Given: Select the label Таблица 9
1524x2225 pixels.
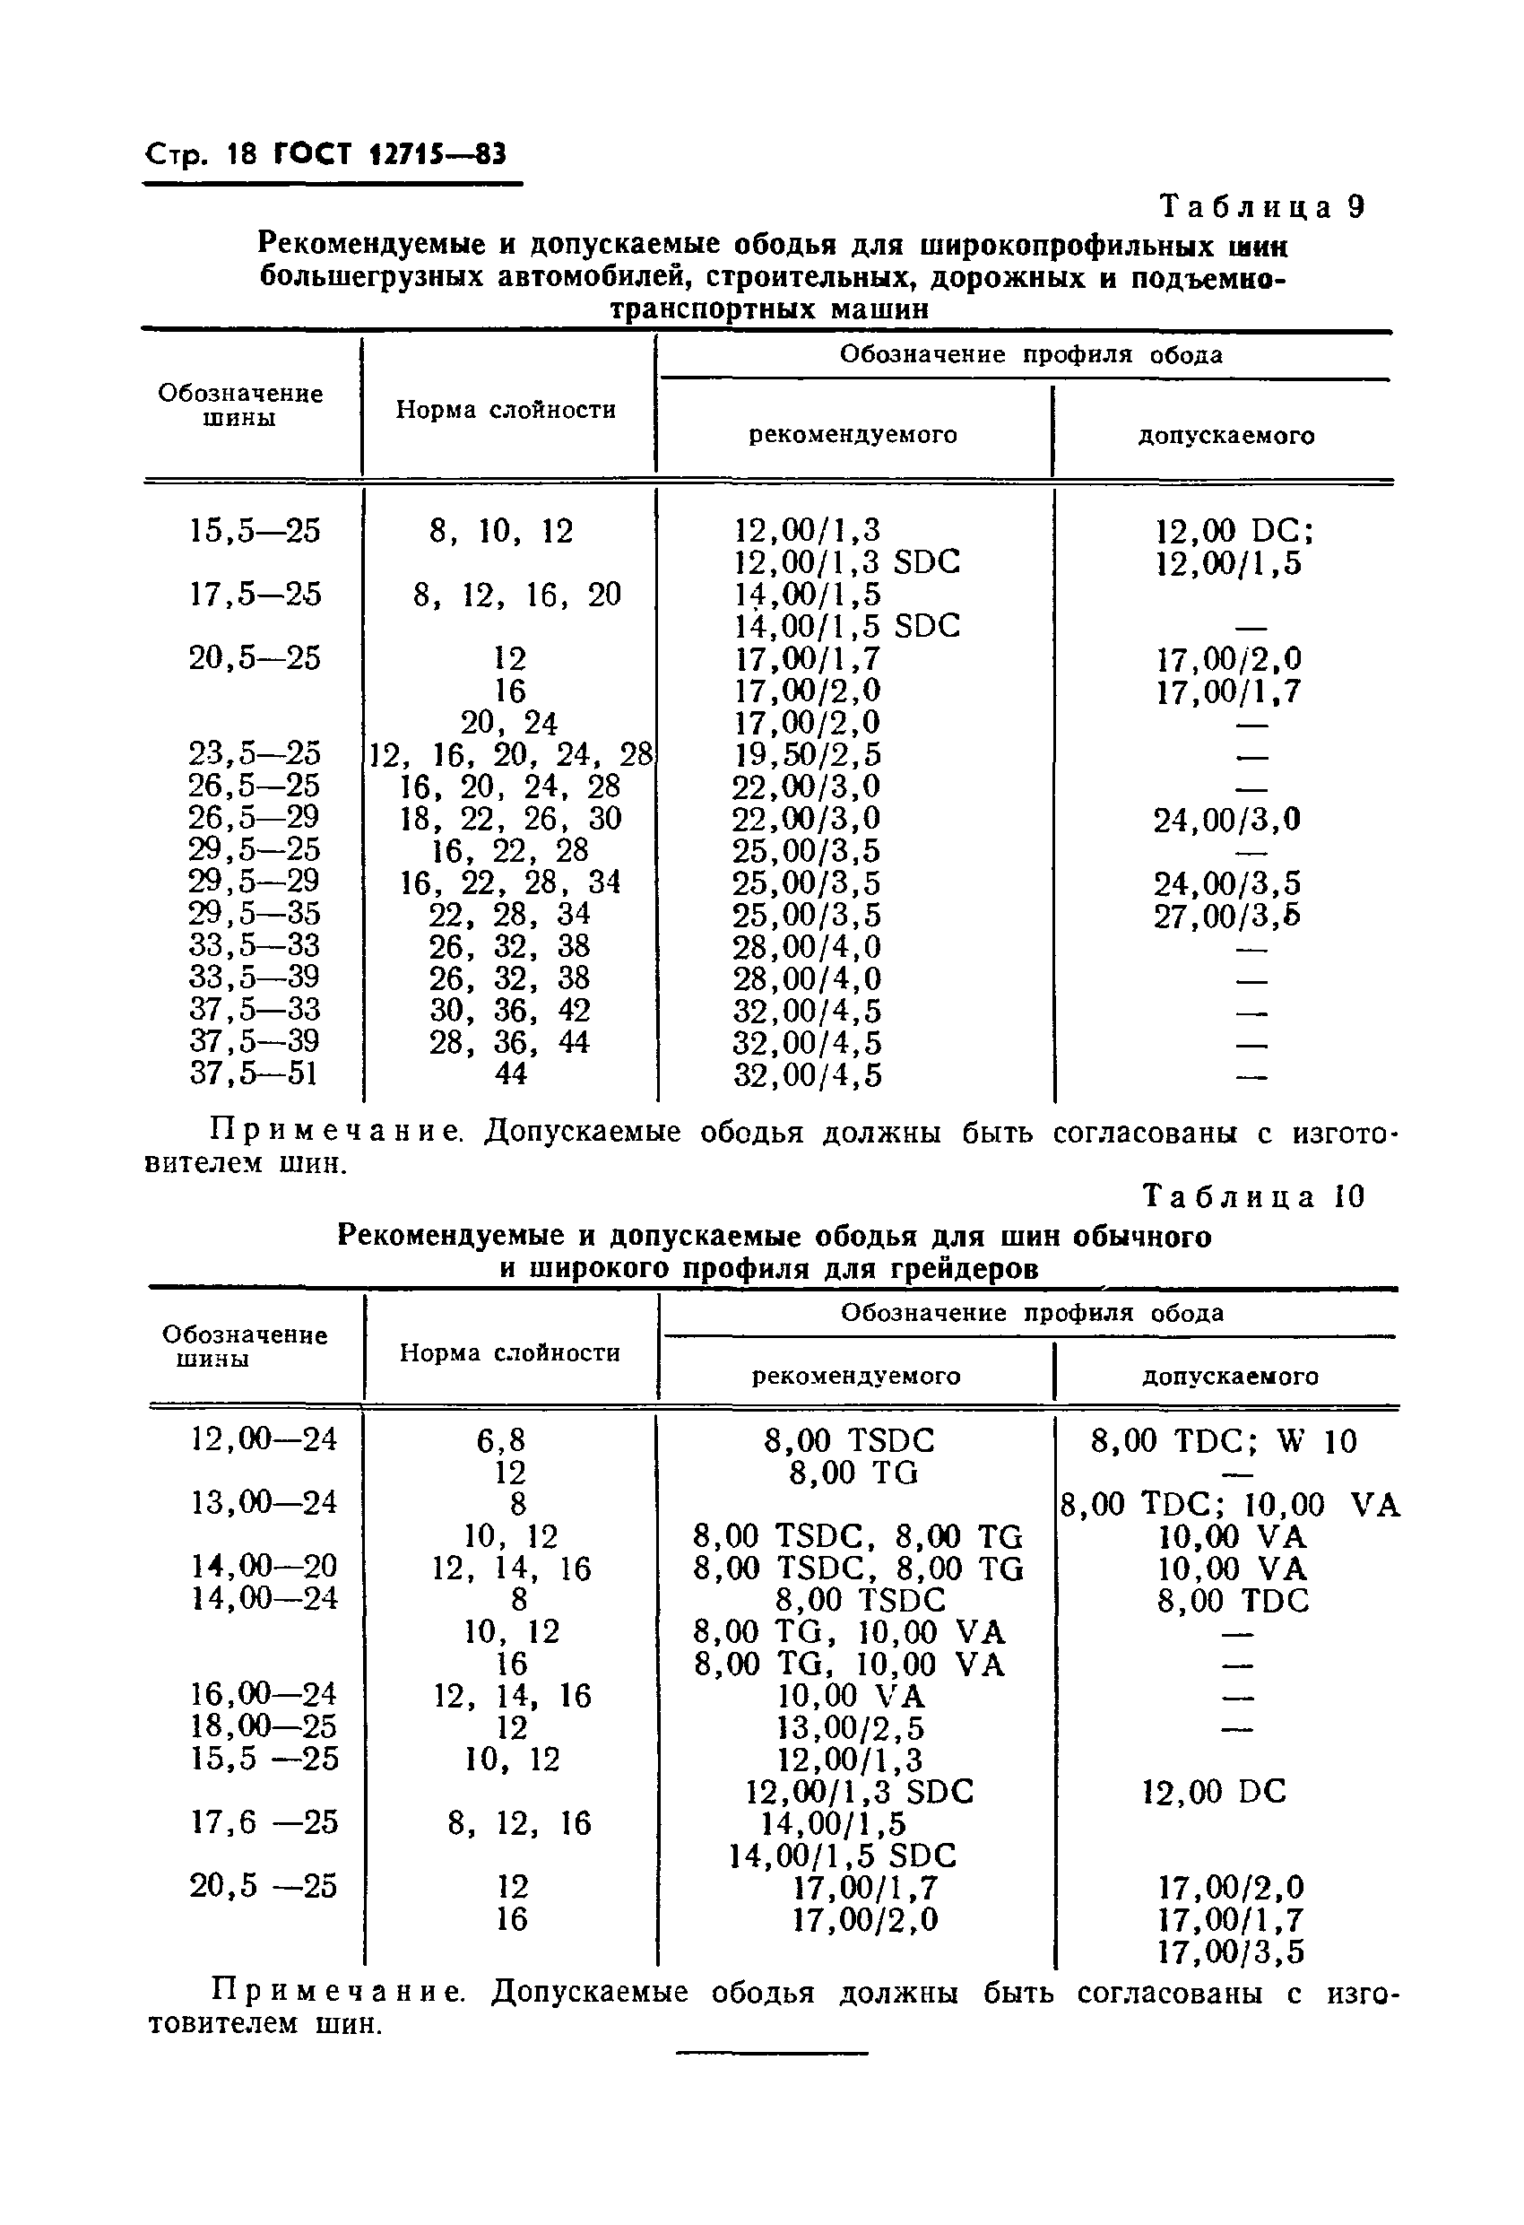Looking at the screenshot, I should [x=1261, y=208].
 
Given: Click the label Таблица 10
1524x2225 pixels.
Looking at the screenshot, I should [x=1254, y=1196].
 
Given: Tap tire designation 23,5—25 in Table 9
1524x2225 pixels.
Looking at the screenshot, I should [x=255, y=753].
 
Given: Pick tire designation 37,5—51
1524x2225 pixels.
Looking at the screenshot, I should [x=254, y=1073].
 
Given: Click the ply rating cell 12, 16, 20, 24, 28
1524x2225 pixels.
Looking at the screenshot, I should [x=510, y=754].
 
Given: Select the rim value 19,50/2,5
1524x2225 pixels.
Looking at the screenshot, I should [x=807, y=754].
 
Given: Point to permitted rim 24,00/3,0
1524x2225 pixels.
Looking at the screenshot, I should [x=1226, y=820].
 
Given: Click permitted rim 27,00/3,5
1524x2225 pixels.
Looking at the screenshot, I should [x=1226, y=917].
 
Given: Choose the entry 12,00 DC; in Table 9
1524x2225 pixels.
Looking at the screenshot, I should [x=1234, y=530].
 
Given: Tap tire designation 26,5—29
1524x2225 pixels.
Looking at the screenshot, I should [x=255, y=818].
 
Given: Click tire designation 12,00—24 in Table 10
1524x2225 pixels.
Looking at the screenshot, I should [x=264, y=1439].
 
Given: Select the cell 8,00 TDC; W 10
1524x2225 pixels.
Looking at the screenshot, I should [x=1225, y=1441].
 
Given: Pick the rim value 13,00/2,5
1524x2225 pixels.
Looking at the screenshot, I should [x=851, y=1728].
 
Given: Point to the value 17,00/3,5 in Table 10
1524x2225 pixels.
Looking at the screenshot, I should [x=1230, y=1952].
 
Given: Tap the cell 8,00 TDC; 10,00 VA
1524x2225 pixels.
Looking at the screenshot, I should [x=1230, y=1505].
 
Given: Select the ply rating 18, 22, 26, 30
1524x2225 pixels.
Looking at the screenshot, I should [x=510, y=819].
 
